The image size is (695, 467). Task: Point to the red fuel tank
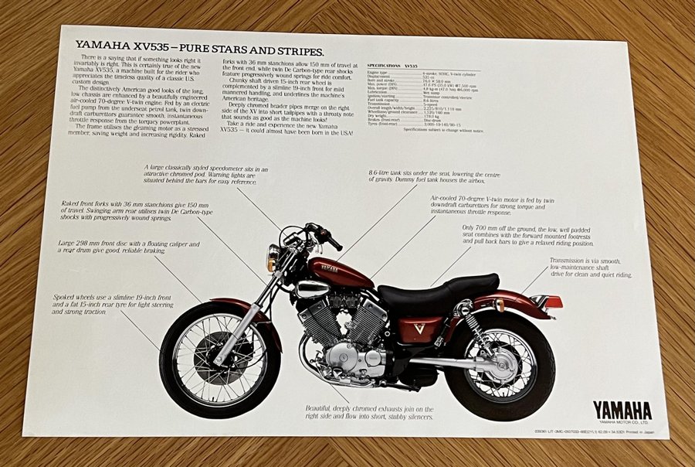click(x=340, y=272)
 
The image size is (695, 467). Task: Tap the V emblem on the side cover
click(x=419, y=328)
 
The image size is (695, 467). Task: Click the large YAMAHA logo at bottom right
click(x=622, y=410)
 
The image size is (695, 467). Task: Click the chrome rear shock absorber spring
click(x=474, y=329)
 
